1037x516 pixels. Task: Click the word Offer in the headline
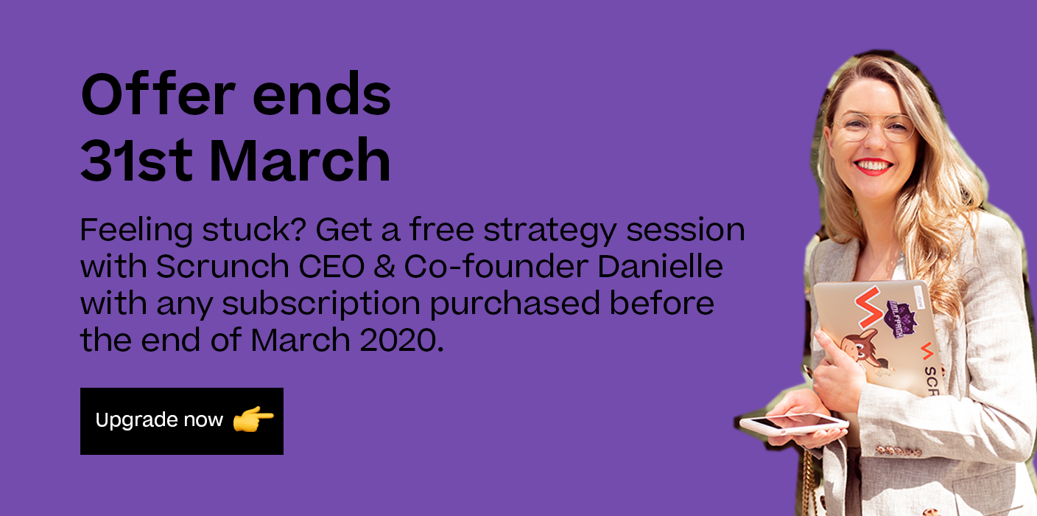coord(158,94)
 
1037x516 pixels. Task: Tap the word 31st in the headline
coord(136,160)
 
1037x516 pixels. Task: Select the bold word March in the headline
coord(300,159)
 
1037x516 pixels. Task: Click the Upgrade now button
coord(181,421)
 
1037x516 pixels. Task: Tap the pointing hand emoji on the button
coord(253,419)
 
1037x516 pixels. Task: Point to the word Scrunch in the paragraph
coord(222,266)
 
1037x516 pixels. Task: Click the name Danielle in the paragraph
coord(660,266)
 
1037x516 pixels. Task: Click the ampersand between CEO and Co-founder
coord(384,266)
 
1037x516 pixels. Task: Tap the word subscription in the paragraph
coord(321,304)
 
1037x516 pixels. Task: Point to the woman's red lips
coord(873,167)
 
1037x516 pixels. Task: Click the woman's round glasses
coord(874,127)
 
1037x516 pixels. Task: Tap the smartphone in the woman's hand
coord(794,424)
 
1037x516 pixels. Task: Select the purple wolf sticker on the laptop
coord(901,318)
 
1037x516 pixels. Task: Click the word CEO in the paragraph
coord(331,266)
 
